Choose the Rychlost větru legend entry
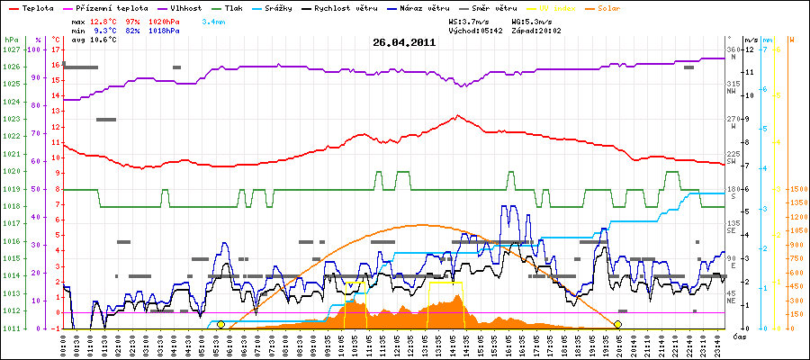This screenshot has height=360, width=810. point(364,7)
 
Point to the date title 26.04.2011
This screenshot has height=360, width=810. point(404,41)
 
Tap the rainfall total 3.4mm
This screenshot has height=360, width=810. point(213,20)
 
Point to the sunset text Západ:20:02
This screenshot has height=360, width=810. point(536,31)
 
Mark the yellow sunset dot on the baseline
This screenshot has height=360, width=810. point(617,324)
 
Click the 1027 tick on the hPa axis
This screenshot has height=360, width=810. point(10,49)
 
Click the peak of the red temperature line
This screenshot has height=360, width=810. point(458,115)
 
